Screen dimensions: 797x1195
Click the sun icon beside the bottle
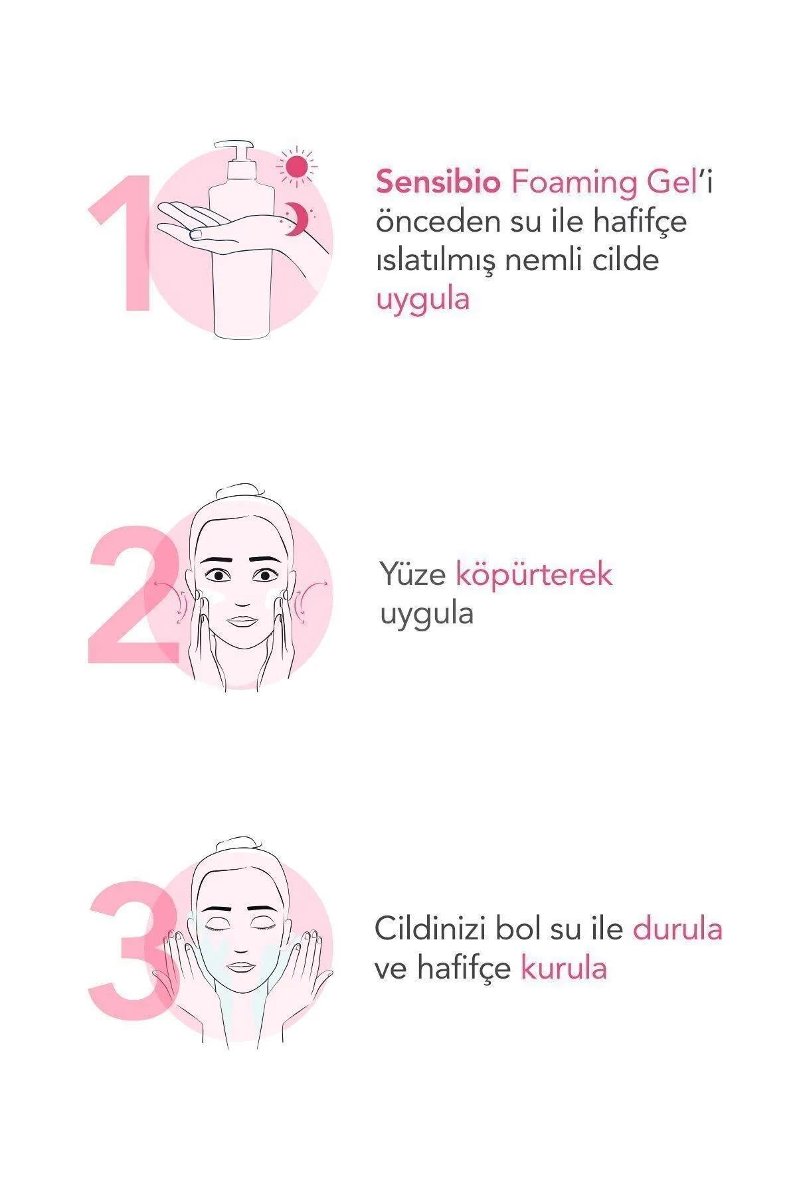pyautogui.click(x=297, y=165)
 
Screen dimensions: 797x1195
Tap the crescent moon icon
pyautogui.click(x=302, y=218)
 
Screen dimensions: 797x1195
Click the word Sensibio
pyautogui.click(x=438, y=181)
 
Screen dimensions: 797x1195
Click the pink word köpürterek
pyautogui.click(x=534, y=575)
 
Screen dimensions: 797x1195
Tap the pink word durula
pyautogui.click(x=677, y=929)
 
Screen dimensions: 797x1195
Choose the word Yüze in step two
pyautogui.click(x=412, y=574)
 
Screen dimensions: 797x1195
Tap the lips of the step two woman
pyautogui.click(x=242, y=621)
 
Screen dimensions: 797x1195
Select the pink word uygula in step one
pyautogui.click(x=423, y=299)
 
